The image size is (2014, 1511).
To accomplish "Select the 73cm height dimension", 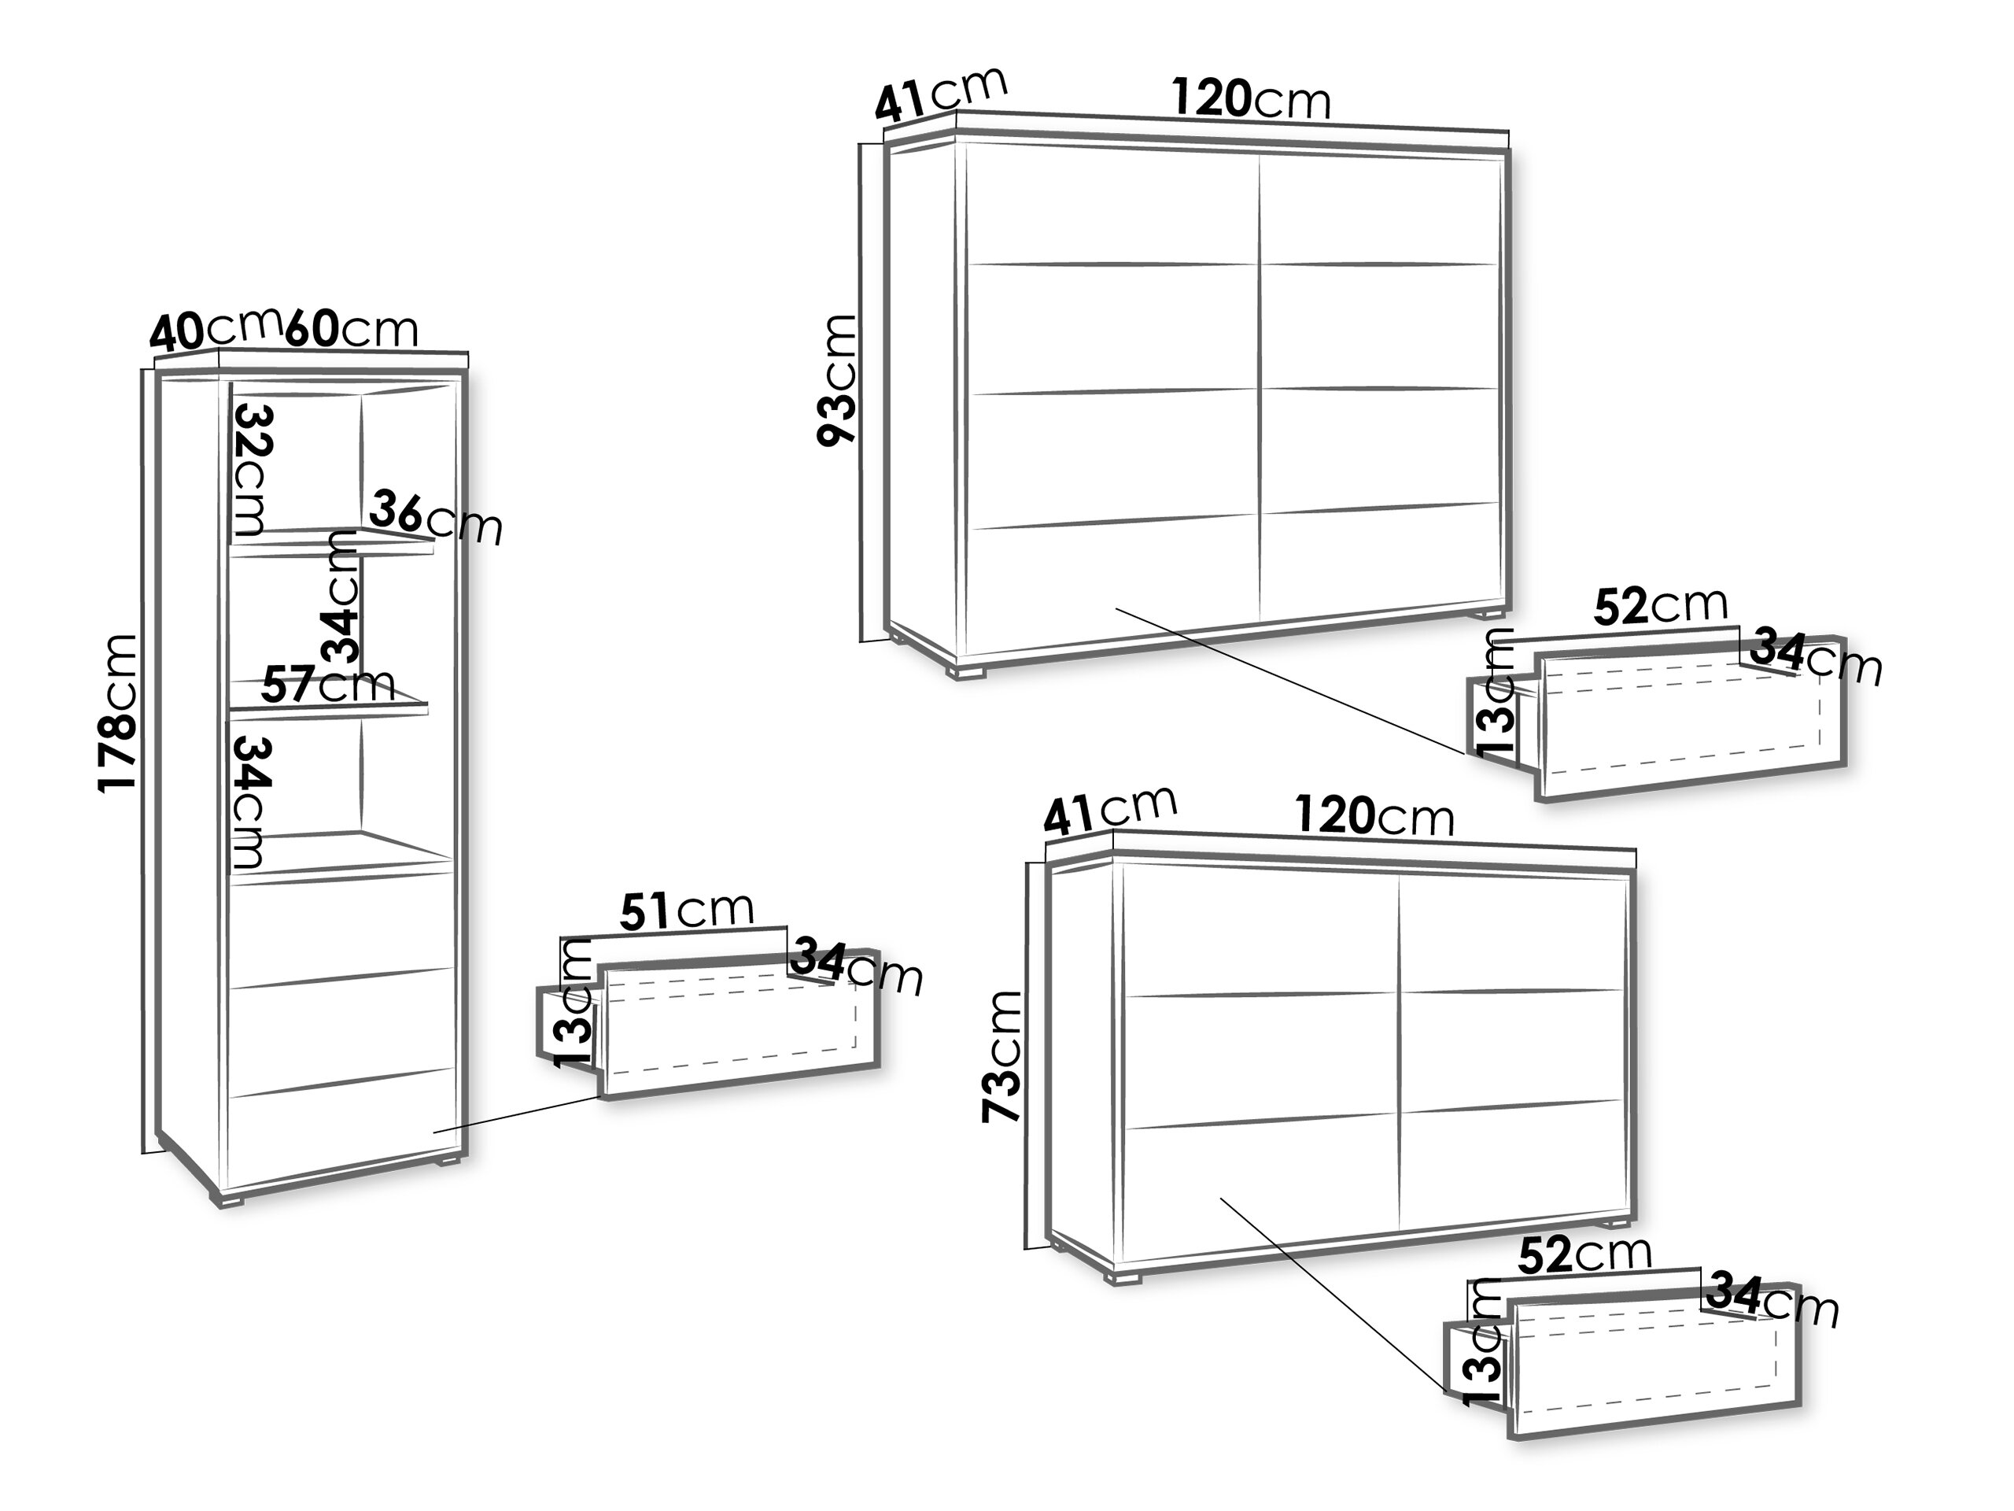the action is click(1002, 1055).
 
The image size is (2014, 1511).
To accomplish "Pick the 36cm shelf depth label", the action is click(435, 517).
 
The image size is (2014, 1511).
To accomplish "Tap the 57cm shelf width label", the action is click(329, 684).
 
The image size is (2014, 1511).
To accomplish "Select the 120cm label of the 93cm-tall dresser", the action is click(1251, 98).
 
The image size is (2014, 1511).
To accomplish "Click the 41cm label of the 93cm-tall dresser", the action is click(942, 93).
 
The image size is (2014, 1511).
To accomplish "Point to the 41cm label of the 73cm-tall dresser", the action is click(1111, 811).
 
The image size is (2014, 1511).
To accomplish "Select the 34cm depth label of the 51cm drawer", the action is click(857, 967).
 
